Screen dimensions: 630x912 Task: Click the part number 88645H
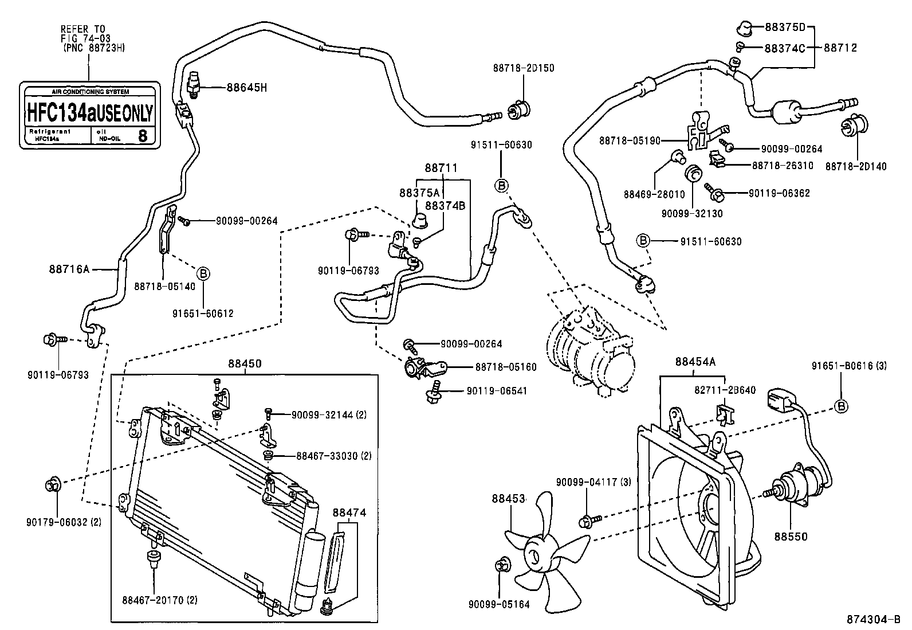point(247,88)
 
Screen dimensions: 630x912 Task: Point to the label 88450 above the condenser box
point(245,363)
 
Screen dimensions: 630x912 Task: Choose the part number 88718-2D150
point(523,68)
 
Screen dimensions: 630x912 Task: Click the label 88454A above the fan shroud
point(695,362)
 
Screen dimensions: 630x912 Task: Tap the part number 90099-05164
point(499,604)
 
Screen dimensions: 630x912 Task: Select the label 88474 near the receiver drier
point(349,512)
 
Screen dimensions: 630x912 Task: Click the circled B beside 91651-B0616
point(841,406)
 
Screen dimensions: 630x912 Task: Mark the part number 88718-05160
point(506,367)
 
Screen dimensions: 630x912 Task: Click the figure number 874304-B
point(874,620)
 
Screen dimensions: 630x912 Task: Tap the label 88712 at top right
point(840,48)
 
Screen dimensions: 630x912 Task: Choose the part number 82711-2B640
point(725,390)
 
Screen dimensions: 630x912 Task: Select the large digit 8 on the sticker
point(143,136)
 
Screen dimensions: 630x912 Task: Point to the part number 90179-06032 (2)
point(64,522)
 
